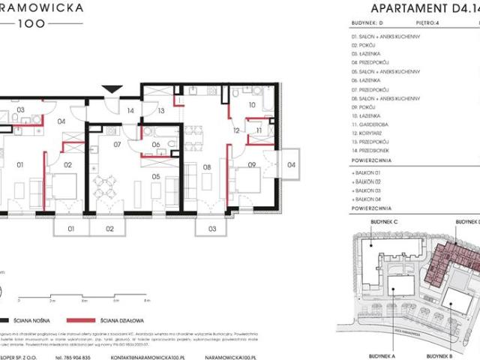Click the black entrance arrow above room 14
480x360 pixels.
(110, 89)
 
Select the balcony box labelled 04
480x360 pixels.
(291, 163)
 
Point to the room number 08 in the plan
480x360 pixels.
(207, 168)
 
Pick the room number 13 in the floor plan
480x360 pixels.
(160, 110)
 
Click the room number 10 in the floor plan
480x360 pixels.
(252, 106)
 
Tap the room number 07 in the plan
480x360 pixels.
(118, 144)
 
